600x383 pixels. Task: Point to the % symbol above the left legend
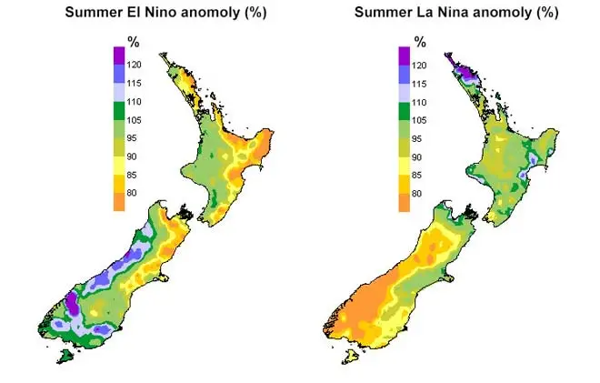132,42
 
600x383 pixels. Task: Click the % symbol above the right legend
420,42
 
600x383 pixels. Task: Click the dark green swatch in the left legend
120,111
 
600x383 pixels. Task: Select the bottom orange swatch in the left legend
120,202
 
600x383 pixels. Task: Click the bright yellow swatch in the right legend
405,166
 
